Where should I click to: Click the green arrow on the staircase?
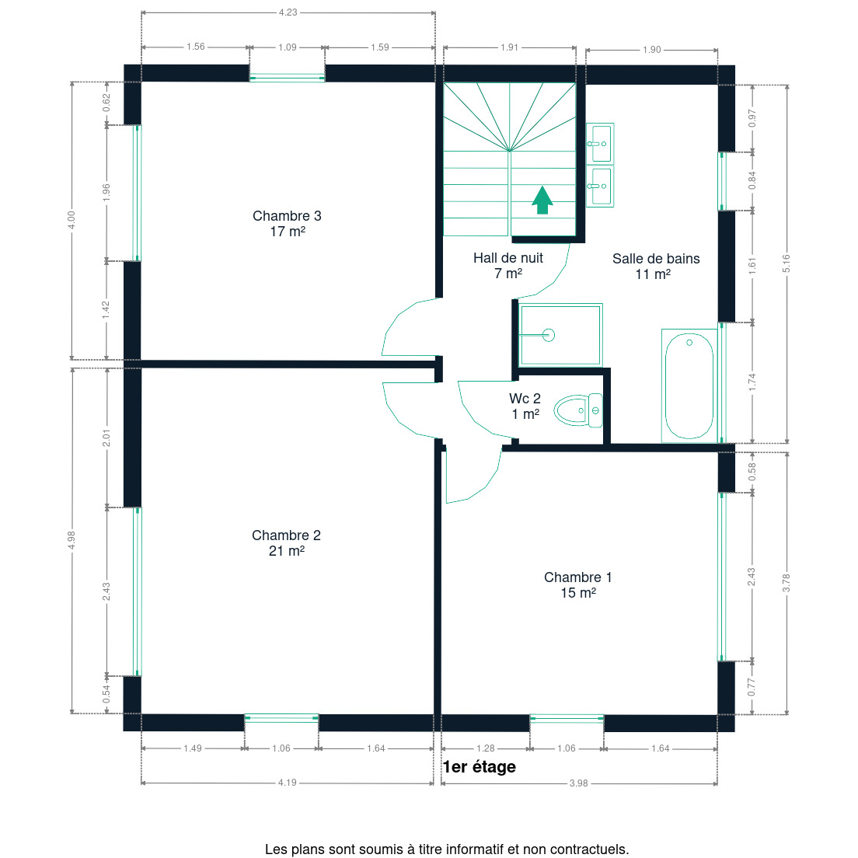[x=542, y=201]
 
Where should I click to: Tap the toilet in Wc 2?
[x=578, y=410]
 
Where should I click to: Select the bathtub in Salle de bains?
[x=689, y=385]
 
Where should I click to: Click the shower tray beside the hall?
[x=560, y=335]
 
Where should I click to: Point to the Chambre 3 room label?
[x=287, y=224]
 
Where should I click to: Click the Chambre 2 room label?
[x=286, y=543]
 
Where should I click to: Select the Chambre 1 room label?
[x=578, y=585]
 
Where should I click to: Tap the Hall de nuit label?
[x=507, y=265]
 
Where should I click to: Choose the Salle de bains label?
[x=655, y=267]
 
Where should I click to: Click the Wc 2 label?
[x=525, y=406]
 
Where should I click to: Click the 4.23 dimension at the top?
[x=288, y=12]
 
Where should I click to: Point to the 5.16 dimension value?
[x=786, y=263]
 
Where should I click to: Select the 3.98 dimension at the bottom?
[x=578, y=783]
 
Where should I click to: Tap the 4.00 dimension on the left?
[x=71, y=221]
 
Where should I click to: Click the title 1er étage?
[x=479, y=766]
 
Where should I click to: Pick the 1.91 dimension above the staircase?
[x=509, y=47]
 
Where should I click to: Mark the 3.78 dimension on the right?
[x=786, y=583]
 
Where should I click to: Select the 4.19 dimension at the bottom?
[x=288, y=783]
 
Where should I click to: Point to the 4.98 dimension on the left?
[x=71, y=540]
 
